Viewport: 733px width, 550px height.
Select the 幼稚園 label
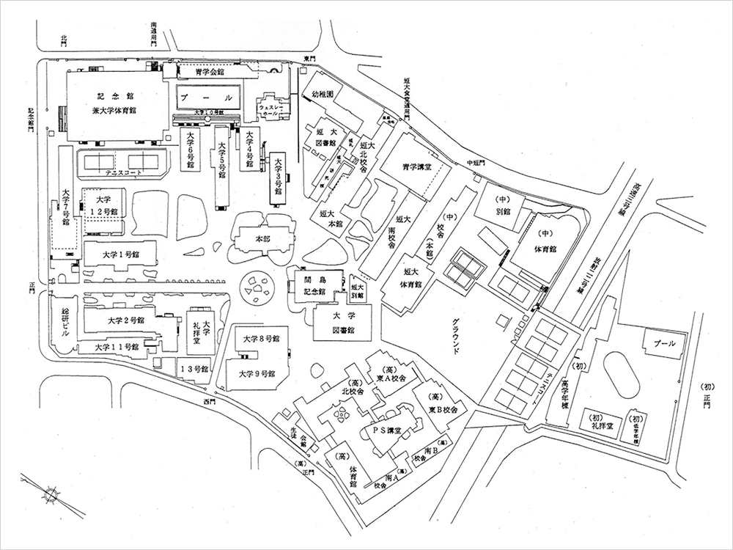coord(323,95)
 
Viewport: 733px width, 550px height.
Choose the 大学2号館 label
coord(125,320)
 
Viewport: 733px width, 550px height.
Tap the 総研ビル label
coord(65,320)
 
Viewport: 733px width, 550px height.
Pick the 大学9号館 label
coord(257,373)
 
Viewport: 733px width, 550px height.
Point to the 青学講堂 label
coord(406,166)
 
